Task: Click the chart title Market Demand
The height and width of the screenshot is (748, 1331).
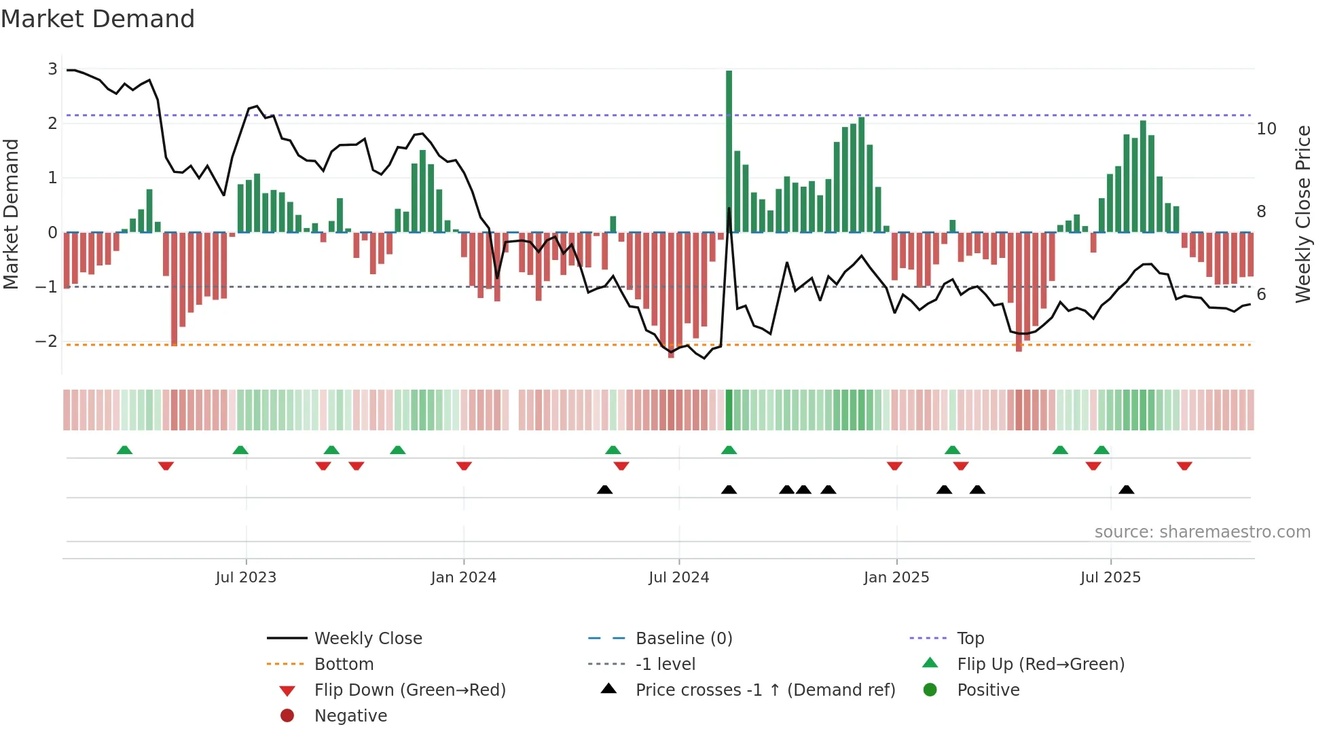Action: pyautogui.click(x=98, y=19)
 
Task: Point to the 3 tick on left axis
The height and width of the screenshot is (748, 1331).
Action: pyautogui.click(x=52, y=69)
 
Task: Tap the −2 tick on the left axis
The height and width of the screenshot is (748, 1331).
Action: pyautogui.click(x=47, y=341)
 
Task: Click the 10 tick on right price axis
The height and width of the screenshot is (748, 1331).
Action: pyautogui.click(x=1266, y=129)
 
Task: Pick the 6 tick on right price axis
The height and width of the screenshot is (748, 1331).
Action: pyautogui.click(x=1261, y=295)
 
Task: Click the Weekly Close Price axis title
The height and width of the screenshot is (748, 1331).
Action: pyautogui.click(x=1302, y=214)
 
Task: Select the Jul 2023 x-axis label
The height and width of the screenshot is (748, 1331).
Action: pyautogui.click(x=246, y=578)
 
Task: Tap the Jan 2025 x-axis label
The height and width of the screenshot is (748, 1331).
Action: pyautogui.click(x=896, y=578)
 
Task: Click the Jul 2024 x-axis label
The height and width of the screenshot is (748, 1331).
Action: pyautogui.click(x=678, y=578)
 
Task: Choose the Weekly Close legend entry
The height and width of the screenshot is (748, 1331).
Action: pyautogui.click(x=367, y=639)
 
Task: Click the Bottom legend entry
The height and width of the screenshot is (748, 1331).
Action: pyautogui.click(x=344, y=665)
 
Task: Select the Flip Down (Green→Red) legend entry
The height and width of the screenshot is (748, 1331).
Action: pyautogui.click(x=409, y=690)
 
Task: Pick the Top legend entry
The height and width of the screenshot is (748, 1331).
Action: pyautogui.click(x=970, y=639)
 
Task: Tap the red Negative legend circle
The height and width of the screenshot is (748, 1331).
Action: pyautogui.click(x=287, y=716)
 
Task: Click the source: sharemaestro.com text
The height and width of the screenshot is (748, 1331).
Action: pyautogui.click(x=1202, y=532)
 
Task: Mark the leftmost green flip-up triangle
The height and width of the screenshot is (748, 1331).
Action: pyautogui.click(x=124, y=450)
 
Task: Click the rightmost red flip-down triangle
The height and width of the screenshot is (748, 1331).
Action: pyautogui.click(x=1184, y=466)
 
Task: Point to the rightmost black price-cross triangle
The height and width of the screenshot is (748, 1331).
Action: pyautogui.click(x=1126, y=489)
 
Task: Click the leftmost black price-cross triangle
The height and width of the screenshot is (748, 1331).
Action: pyautogui.click(x=604, y=489)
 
